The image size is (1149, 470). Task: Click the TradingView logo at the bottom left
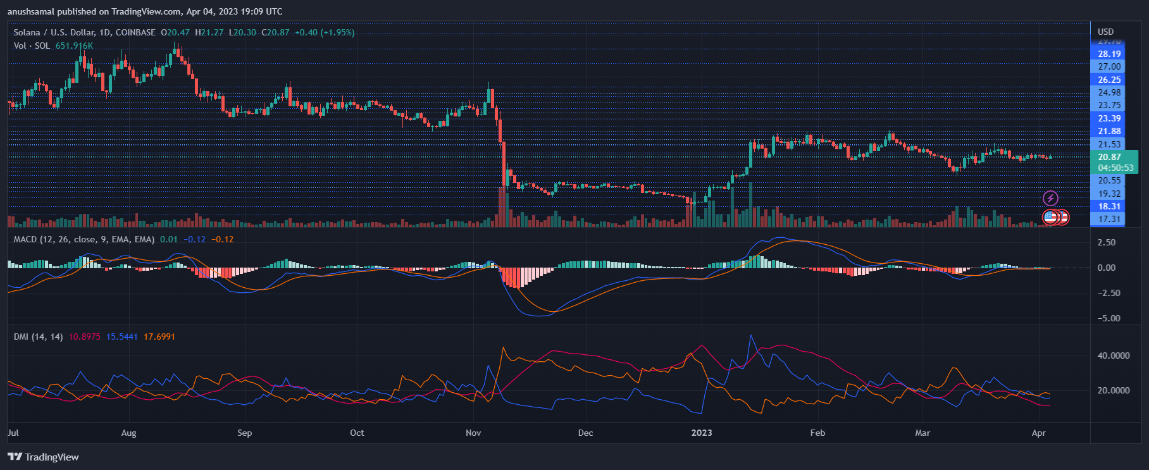pyautogui.click(x=43, y=457)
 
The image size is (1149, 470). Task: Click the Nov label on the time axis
pyautogui.click(x=473, y=433)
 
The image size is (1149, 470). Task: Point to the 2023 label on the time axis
pyautogui.click(x=701, y=433)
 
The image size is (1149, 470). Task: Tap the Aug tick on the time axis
pyautogui.click(x=128, y=433)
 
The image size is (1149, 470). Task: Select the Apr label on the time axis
pyautogui.click(x=1038, y=433)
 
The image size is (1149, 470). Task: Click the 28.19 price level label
pyautogui.click(x=1109, y=54)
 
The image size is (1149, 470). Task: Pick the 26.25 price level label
pyautogui.click(x=1109, y=80)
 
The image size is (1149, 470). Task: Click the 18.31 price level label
pyautogui.click(x=1109, y=206)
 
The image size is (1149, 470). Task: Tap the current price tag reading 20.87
pyautogui.click(x=1110, y=157)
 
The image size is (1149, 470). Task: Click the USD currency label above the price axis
pyautogui.click(x=1105, y=32)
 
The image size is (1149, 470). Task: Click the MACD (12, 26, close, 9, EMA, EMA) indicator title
pyautogui.click(x=84, y=239)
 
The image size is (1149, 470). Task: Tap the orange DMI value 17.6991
pyautogui.click(x=159, y=337)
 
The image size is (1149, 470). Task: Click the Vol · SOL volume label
pyautogui.click(x=32, y=46)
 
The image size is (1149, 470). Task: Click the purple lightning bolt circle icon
pyautogui.click(x=1050, y=199)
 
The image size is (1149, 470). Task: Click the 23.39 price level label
pyautogui.click(x=1109, y=118)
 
